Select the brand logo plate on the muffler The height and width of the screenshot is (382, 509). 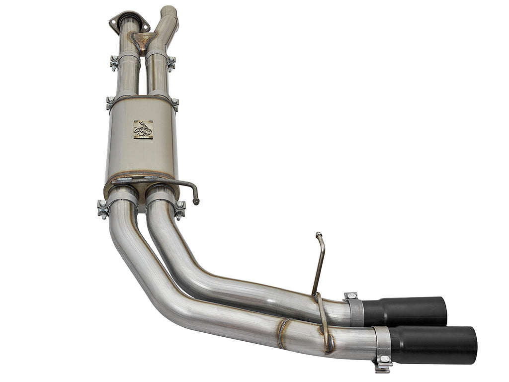point(143,129)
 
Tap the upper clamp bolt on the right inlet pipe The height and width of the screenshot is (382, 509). point(171,63)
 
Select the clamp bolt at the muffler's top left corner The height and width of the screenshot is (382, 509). point(110,103)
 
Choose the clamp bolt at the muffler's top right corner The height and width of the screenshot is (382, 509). point(175,104)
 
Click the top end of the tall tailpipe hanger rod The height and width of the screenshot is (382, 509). point(318,234)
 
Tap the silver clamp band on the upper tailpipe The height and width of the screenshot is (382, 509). point(355,310)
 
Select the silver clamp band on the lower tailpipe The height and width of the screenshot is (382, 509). point(382,343)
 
